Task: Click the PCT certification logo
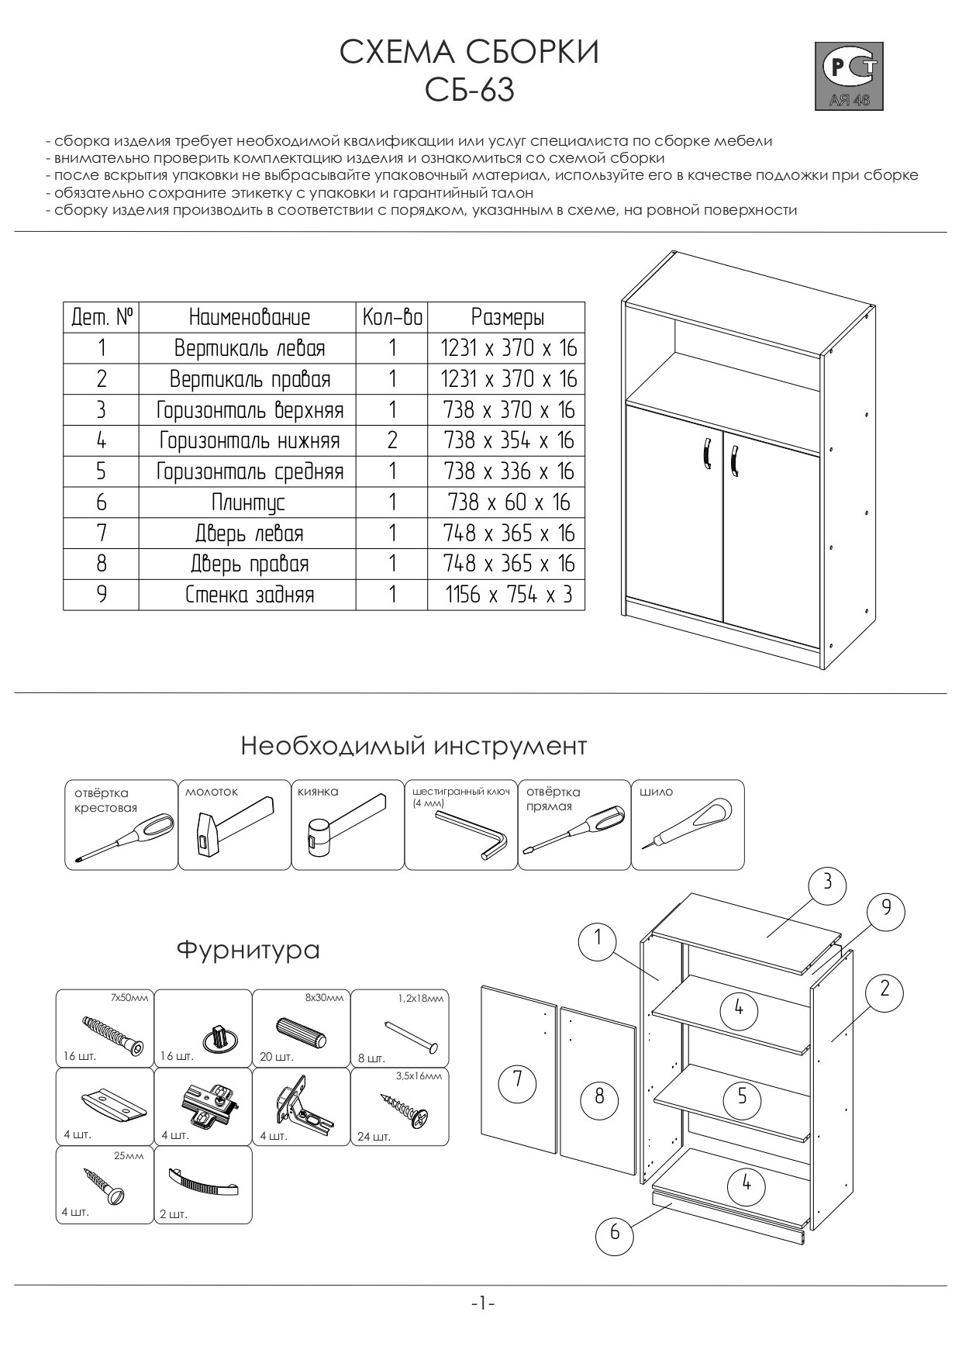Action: pos(848,75)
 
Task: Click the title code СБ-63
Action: pos(470,91)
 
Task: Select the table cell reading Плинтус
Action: pos(248,502)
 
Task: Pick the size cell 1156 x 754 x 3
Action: pos(508,595)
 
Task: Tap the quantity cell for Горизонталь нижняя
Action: pos(391,440)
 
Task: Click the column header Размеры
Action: pos(507,317)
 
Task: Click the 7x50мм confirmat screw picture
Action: pos(112,1034)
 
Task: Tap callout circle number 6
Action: pos(615,1231)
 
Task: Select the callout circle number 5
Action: pos(742,1096)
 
